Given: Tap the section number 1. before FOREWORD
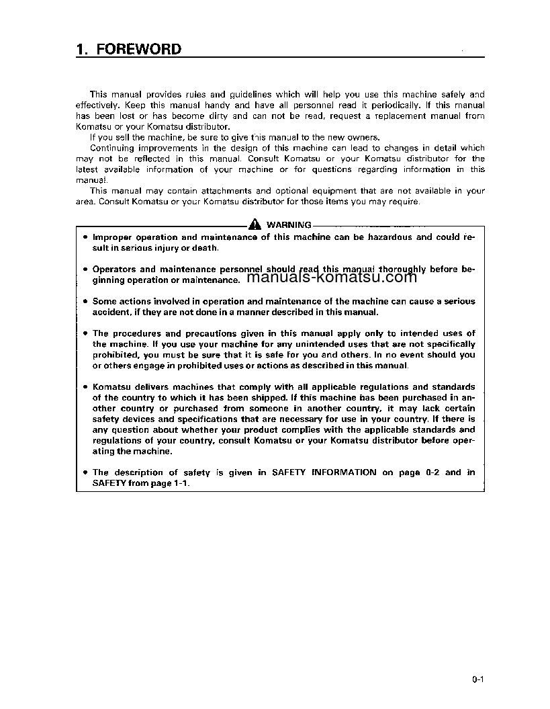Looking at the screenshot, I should pos(83,49).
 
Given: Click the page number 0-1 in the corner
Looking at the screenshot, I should pos(478,680).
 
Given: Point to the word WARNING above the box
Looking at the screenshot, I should pos(289,225).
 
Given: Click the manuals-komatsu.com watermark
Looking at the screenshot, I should pos(332,277).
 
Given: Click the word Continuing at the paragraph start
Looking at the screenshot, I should pos(111,148).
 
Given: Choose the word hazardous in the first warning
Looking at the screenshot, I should pos(384,237).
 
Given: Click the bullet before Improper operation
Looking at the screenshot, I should pos(85,237).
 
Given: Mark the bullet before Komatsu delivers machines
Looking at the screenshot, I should pos(85,387).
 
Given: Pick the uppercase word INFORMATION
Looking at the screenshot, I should pos(344,472).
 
